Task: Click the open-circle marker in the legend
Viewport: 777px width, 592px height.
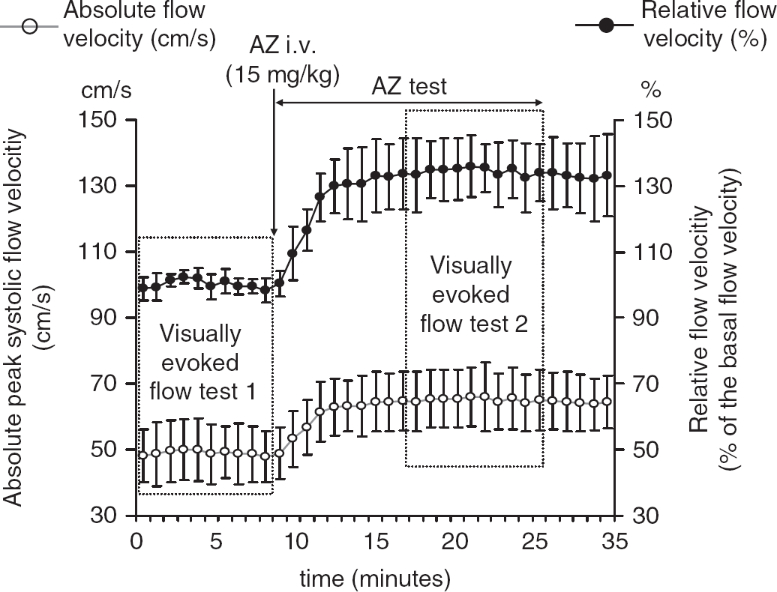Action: (x=30, y=25)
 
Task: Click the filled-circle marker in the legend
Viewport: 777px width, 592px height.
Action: (x=605, y=25)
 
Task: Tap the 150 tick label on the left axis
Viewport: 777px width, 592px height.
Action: (x=97, y=121)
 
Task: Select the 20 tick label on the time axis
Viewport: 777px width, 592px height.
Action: (x=455, y=541)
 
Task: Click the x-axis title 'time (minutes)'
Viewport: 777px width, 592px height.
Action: (x=376, y=579)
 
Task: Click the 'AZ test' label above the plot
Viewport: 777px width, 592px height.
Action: (x=409, y=86)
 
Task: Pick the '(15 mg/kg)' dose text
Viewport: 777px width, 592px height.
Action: (x=283, y=76)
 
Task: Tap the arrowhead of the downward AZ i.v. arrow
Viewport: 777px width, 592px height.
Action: (x=274, y=232)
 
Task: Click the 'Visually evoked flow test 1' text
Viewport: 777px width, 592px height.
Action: (x=202, y=363)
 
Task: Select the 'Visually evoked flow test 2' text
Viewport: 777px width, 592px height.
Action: (x=473, y=295)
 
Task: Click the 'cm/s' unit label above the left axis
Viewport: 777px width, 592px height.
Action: (x=106, y=91)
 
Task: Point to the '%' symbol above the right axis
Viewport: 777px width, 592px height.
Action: (x=651, y=90)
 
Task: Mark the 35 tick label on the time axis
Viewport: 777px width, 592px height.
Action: (x=614, y=541)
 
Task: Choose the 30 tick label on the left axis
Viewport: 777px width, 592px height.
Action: (x=103, y=516)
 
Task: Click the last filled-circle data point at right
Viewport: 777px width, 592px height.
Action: (x=607, y=175)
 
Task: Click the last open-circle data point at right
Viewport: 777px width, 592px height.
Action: (x=607, y=402)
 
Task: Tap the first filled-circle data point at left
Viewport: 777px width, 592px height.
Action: (x=143, y=288)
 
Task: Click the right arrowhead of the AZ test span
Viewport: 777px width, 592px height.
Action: (x=539, y=103)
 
